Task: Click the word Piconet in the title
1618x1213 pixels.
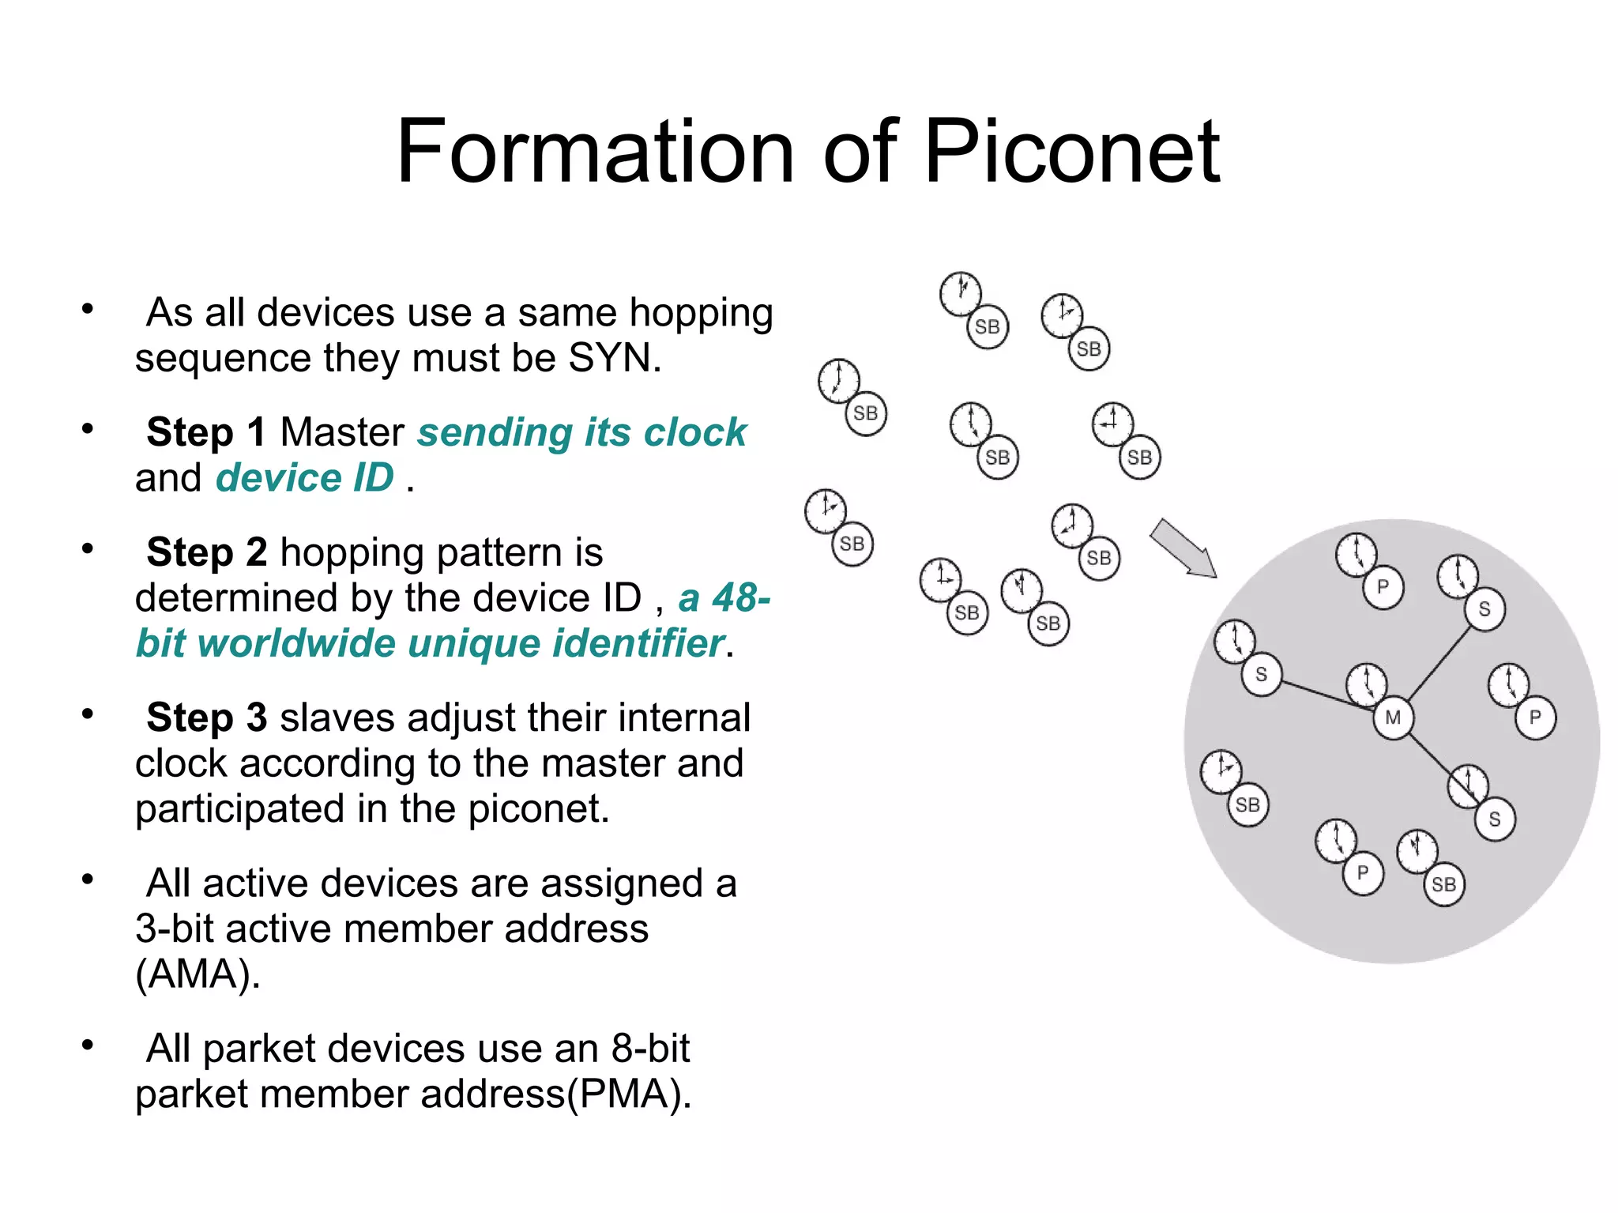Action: pyautogui.click(x=1072, y=151)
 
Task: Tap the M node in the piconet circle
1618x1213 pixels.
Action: pyautogui.click(x=1393, y=718)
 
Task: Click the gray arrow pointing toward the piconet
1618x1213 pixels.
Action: pyautogui.click(x=1183, y=548)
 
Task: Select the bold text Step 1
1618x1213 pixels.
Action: pyautogui.click(x=205, y=432)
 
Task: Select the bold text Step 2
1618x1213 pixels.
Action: pyautogui.click(x=205, y=552)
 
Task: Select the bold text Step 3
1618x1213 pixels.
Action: pyautogui.click(x=205, y=718)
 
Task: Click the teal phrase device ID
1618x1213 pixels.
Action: pyautogui.click(x=304, y=477)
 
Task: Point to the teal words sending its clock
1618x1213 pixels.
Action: pyautogui.click(x=581, y=432)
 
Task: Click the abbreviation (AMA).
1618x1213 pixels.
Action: pyautogui.click(x=197, y=974)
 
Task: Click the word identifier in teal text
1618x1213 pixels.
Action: pyautogui.click(x=638, y=642)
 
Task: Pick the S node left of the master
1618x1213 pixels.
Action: pyautogui.click(x=1261, y=674)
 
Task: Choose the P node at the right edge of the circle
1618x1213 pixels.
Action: pyautogui.click(x=1535, y=718)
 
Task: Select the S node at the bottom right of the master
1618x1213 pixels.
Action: pyautogui.click(x=1494, y=819)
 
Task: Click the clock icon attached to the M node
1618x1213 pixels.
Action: pyautogui.click(x=1366, y=684)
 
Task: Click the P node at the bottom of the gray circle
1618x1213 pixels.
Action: pyautogui.click(x=1362, y=874)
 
